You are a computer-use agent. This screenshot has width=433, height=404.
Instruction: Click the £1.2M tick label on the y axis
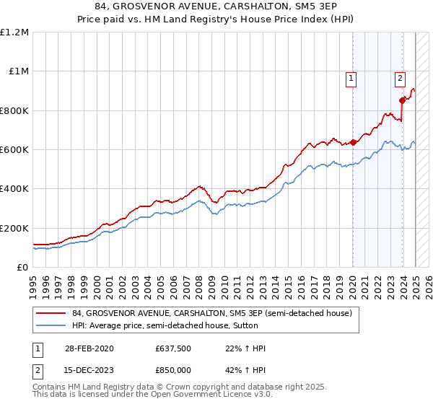14,32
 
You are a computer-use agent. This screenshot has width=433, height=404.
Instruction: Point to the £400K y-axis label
14,188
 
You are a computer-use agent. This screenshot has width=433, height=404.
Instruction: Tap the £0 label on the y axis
23,267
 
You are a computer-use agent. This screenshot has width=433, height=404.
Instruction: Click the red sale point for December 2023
402,100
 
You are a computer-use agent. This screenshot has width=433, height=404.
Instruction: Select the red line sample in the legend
52,313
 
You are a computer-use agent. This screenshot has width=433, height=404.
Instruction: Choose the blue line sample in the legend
52,325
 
